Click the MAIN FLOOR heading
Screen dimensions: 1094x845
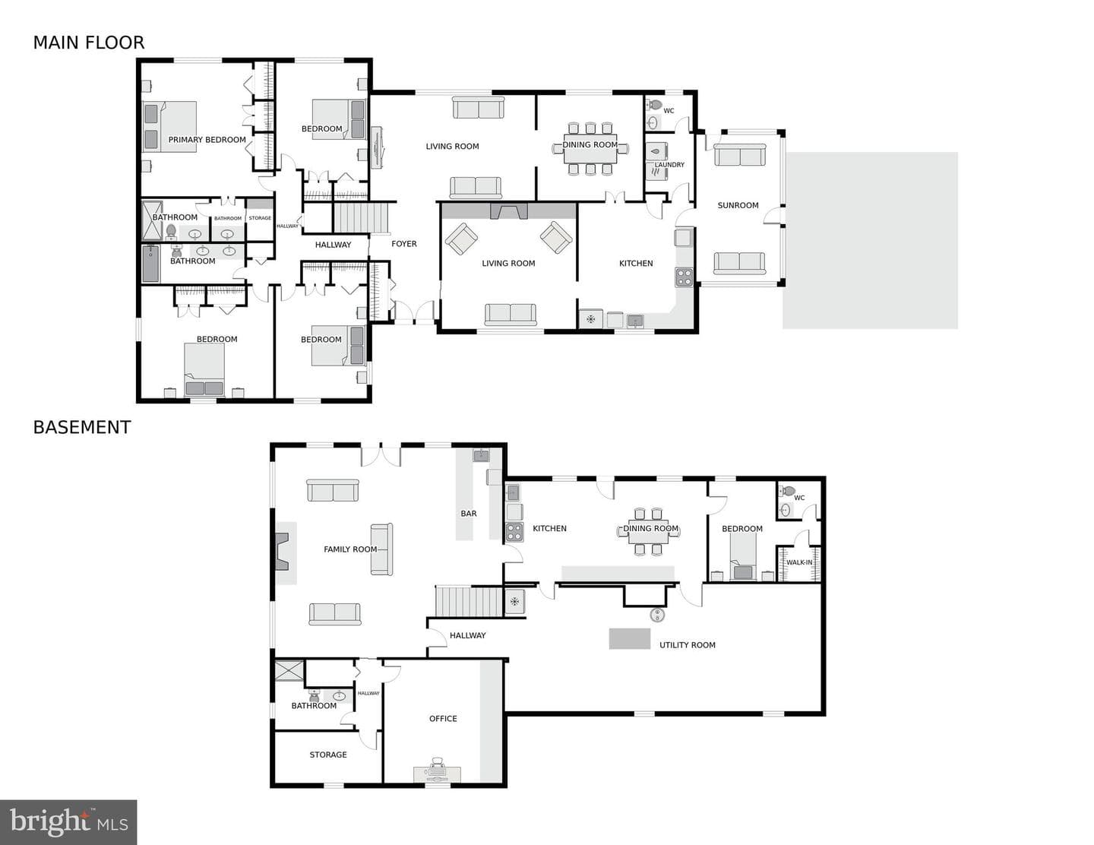(x=89, y=43)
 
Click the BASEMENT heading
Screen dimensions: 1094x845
(x=82, y=428)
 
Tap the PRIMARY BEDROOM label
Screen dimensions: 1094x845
(x=207, y=140)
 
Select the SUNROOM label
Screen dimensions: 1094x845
(x=738, y=205)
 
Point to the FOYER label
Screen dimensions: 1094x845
(x=403, y=244)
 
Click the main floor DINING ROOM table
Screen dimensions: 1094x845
(x=590, y=148)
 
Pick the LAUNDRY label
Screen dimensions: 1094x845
(x=669, y=165)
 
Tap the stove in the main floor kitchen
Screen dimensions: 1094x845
(x=685, y=277)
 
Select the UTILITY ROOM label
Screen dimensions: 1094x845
(x=688, y=645)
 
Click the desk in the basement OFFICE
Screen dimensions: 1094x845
(x=437, y=774)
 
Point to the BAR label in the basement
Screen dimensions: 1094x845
(x=468, y=514)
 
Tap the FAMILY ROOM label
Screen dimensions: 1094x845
(x=350, y=549)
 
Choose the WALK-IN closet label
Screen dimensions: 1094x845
(x=799, y=562)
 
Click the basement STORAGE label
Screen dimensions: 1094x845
(x=327, y=755)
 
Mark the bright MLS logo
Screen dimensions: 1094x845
(x=68, y=822)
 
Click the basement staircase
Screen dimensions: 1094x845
(x=469, y=601)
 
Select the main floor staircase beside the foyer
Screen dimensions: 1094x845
(x=362, y=217)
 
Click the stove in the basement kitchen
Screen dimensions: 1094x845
(x=514, y=532)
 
